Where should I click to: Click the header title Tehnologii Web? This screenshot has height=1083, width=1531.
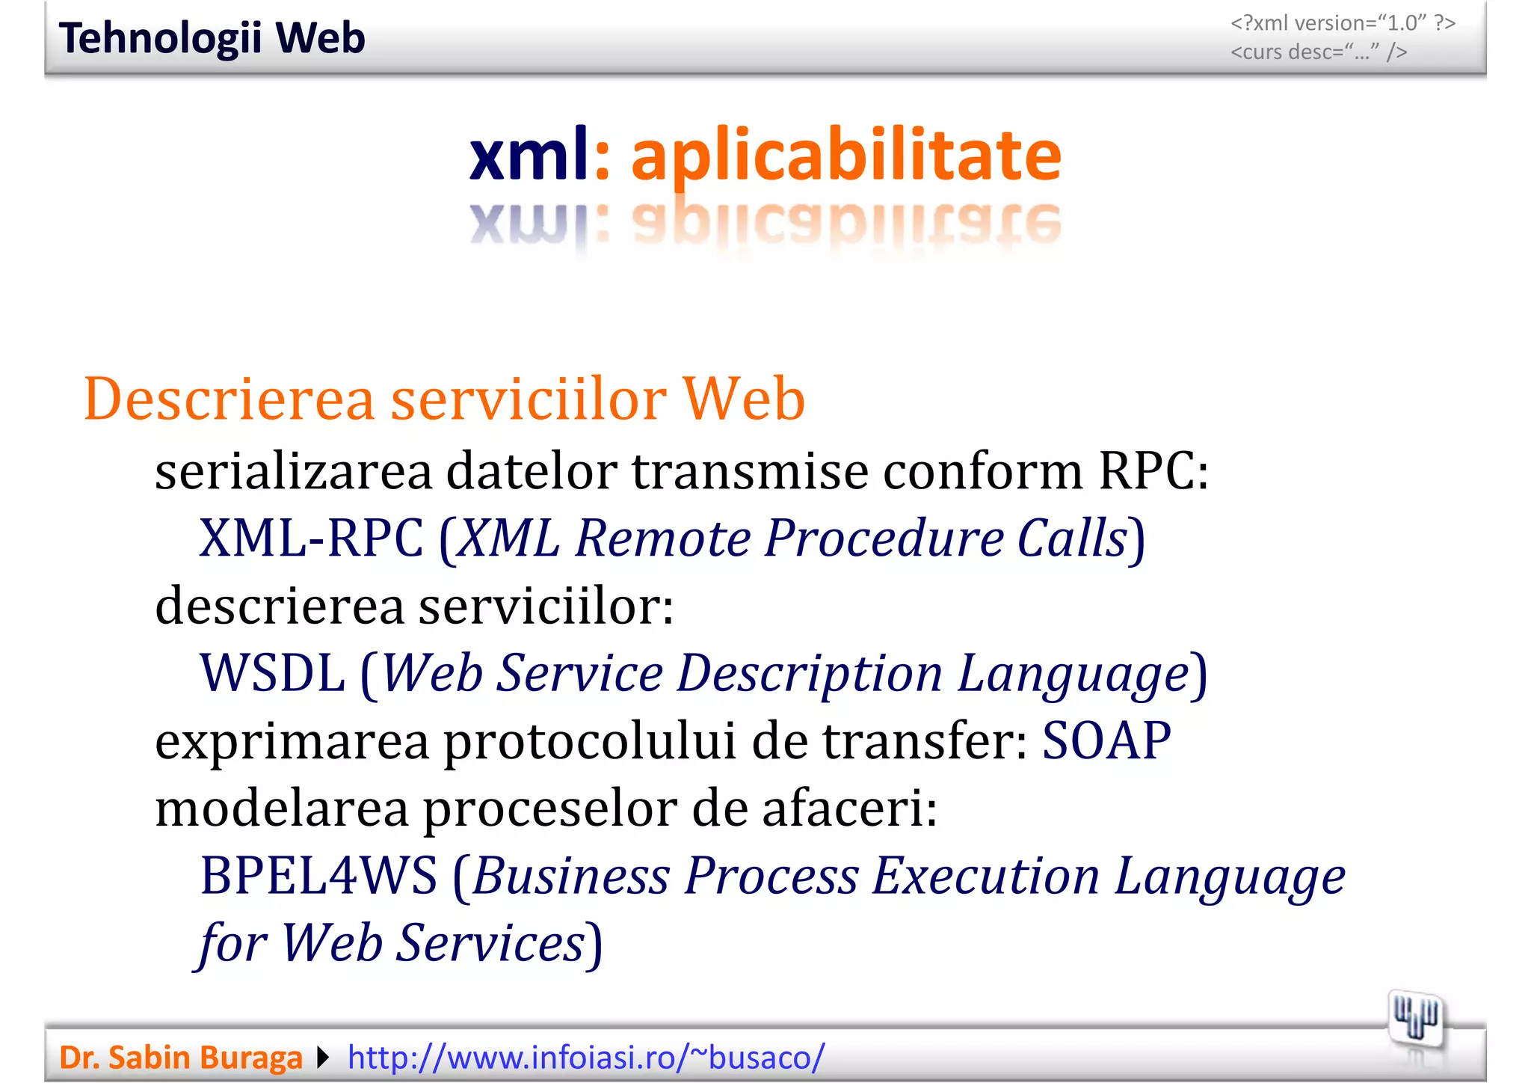(212, 38)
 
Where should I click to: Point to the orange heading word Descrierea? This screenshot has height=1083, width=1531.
(229, 399)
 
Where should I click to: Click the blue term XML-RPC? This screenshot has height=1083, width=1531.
(311, 539)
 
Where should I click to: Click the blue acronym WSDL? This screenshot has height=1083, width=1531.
(272, 673)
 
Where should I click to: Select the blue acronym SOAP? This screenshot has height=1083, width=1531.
(1106, 740)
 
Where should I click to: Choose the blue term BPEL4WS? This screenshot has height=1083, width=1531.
(318, 876)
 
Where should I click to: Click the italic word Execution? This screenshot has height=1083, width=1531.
(985, 876)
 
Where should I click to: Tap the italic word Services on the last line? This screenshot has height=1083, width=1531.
(489, 943)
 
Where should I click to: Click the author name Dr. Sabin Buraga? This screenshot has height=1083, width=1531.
(180, 1058)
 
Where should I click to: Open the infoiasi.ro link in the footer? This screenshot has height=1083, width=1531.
(586, 1058)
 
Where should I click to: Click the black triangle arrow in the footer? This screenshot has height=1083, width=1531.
(323, 1058)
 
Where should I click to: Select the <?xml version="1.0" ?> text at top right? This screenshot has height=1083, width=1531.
(1343, 23)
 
